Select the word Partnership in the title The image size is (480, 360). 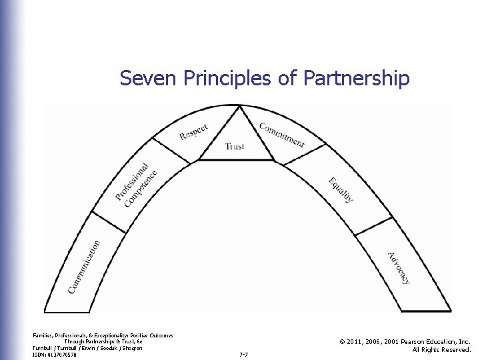[356, 79]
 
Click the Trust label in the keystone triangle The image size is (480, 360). [235, 146]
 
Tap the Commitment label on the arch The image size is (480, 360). [281, 135]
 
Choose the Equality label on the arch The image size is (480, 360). [341, 189]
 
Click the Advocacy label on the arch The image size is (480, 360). [399, 268]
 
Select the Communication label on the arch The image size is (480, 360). [84, 267]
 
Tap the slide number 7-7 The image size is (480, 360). [243, 355]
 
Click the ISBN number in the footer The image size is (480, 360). [54, 355]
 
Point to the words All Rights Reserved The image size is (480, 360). [441, 349]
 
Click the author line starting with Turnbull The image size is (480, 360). [87, 348]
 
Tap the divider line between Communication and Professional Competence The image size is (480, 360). [108, 223]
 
